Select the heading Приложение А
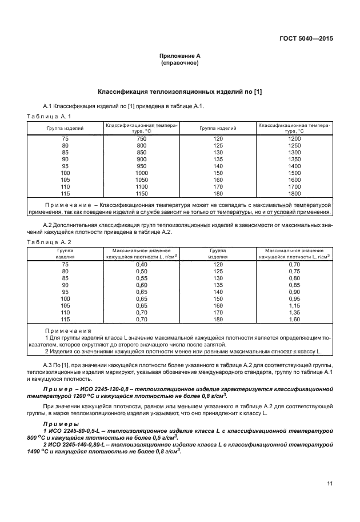pyautogui.click(x=180, y=55)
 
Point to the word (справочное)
pyautogui.click(x=180, y=62)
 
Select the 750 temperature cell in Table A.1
pyautogui.click(x=142, y=139)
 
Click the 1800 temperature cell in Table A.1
pyautogui.click(x=294, y=194)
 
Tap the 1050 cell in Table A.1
pyautogui.click(x=142, y=180)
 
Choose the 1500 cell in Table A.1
pyautogui.click(x=294, y=173)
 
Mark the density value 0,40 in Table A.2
pyautogui.click(x=142, y=265)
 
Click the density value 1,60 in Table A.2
pyautogui.click(x=294, y=320)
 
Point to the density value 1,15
pyautogui.click(x=294, y=306)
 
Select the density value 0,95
pyautogui.click(x=294, y=299)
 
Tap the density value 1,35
pyautogui.click(x=294, y=313)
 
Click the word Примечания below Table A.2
pyautogui.click(x=68, y=331)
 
